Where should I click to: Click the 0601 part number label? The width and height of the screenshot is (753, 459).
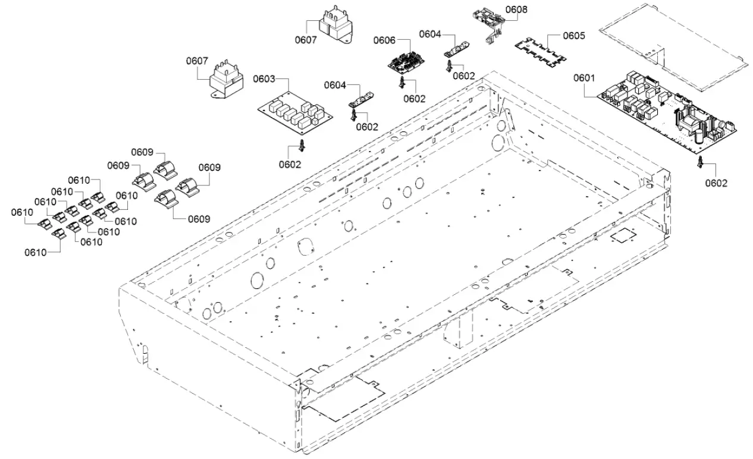coord(584,78)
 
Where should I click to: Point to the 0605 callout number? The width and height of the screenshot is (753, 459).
coord(573,36)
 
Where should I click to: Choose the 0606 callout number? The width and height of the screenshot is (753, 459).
coord(384,40)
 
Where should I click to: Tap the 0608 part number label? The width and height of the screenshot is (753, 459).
coord(516,10)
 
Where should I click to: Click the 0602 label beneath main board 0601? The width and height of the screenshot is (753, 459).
coord(716,183)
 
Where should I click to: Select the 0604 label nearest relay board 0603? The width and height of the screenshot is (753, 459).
coord(335,86)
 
